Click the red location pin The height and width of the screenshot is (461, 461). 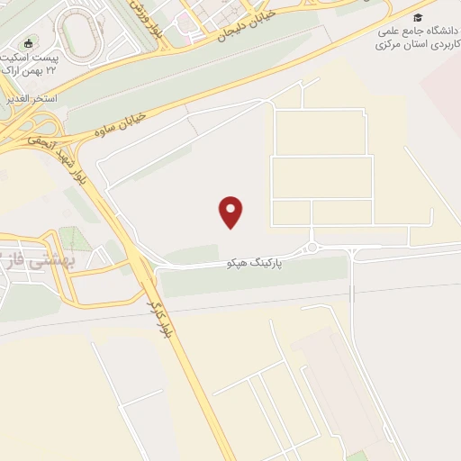click(x=231, y=211)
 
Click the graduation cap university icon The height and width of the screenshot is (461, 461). click(x=418, y=17)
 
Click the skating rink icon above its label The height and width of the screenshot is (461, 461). click(x=29, y=44)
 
